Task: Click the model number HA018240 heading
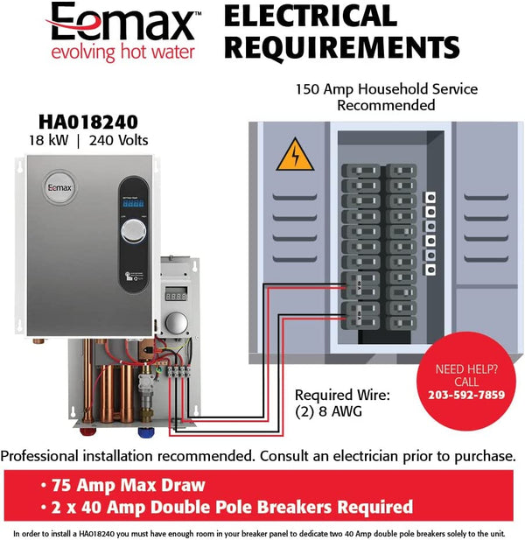tap(90, 122)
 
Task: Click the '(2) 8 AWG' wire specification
tap(328, 410)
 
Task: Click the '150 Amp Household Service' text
tap(386, 89)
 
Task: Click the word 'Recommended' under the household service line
tap(386, 105)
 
